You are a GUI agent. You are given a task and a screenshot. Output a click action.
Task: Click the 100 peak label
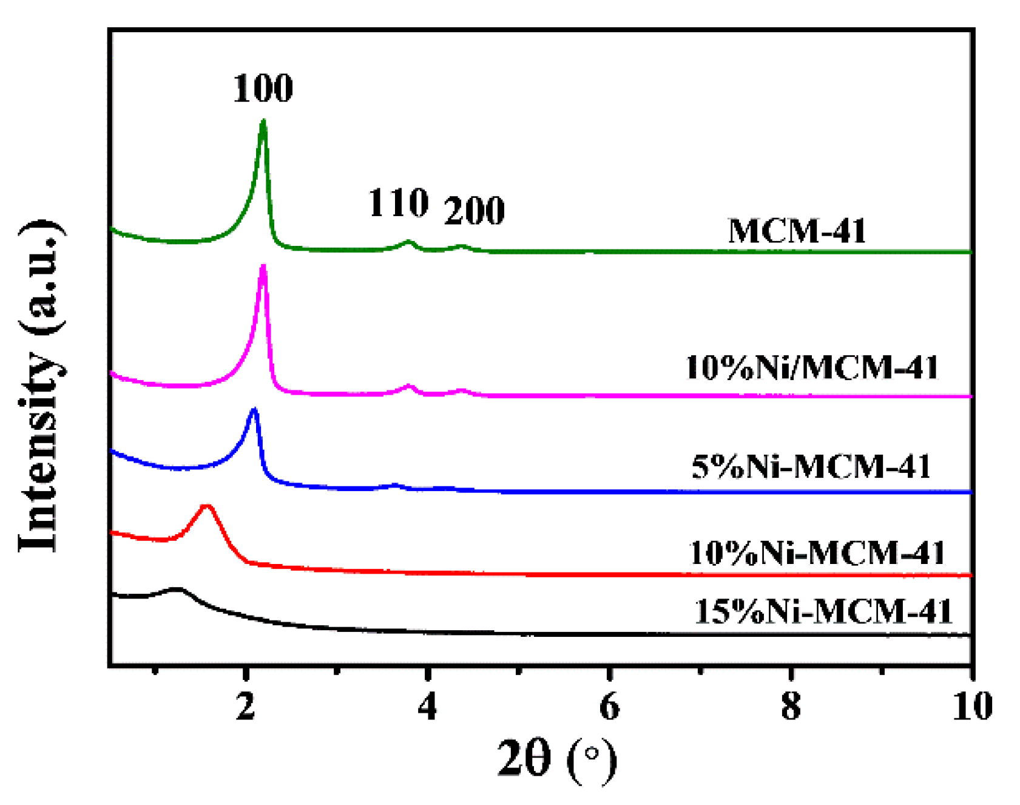click(x=263, y=88)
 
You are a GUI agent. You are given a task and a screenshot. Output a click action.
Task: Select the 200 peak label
click(x=474, y=211)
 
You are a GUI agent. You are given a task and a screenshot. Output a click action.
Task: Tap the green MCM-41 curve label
click(x=797, y=231)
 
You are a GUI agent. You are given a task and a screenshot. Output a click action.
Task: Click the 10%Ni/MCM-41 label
click(x=812, y=368)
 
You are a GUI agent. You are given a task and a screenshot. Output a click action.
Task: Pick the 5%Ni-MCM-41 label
click(x=811, y=467)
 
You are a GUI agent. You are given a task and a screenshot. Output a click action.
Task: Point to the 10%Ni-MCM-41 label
click(x=817, y=553)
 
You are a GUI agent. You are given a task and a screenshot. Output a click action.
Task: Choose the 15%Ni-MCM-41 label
click(x=823, y=611)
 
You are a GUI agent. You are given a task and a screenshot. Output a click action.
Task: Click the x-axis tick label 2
click(x=245, y=707)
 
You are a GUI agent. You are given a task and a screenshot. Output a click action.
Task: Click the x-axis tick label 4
click(x=428, y=707)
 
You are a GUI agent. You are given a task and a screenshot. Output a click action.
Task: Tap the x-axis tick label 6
click(x=609, y=707)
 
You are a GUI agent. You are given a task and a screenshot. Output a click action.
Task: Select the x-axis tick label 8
click(x=791, y=707)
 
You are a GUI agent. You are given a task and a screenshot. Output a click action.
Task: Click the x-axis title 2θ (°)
click(x=556, y=758)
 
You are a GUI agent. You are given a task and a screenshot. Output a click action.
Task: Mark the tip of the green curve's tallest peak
click(x=263, y=122)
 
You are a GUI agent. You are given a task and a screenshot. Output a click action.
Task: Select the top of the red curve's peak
click(x=207, y=506)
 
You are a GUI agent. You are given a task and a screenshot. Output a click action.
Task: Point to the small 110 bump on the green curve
click(x=410, y=242)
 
